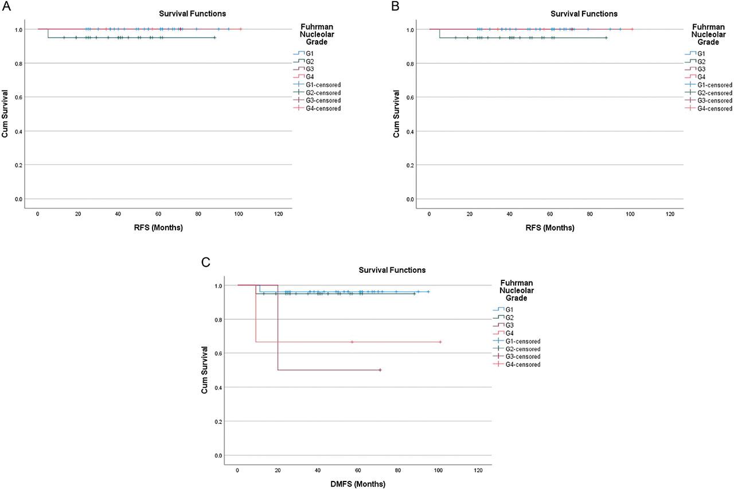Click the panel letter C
click(205, 263)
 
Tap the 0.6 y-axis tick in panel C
click(217, 354)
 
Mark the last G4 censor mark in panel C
click(440, 342)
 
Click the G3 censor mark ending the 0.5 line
click(380, 370)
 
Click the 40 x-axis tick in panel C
click(318, 470)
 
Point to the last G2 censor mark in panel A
click(214, 38)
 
